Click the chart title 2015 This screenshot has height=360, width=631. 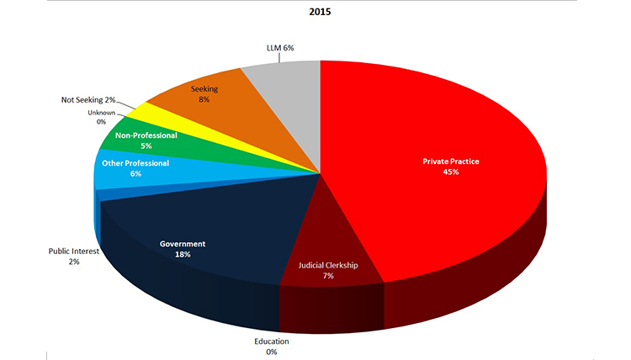click(x=319, y=14)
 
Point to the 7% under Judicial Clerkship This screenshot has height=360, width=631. click(x=329, y=277)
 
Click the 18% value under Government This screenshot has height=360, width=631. click(x=183, y=255)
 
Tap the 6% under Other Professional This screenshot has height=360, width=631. click(x=135, y=174)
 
